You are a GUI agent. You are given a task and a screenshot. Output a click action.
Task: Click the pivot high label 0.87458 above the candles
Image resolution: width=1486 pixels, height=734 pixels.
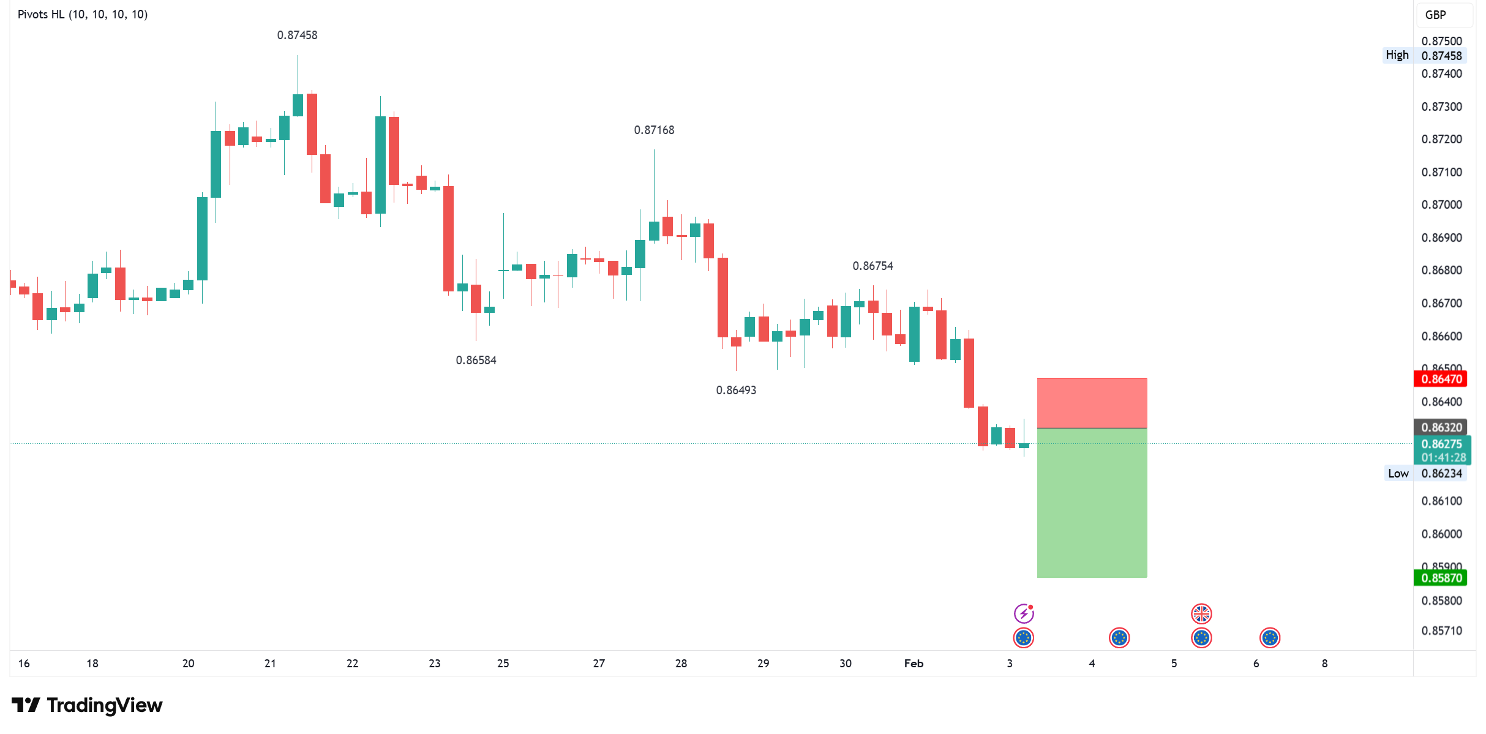coord(297,36)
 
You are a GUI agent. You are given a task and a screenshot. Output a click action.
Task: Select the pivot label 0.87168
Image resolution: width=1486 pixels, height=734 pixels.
coord(654,130)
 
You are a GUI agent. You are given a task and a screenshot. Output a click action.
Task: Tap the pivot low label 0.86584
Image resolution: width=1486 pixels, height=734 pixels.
coord(476,361)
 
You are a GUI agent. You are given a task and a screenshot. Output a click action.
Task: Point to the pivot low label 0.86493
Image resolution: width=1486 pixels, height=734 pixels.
coord(736,391)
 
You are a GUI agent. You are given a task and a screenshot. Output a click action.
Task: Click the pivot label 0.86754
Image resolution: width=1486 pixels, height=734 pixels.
coord(872,266)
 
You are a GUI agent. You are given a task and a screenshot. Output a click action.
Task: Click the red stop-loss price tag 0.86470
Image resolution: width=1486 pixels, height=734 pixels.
coord(1441,379)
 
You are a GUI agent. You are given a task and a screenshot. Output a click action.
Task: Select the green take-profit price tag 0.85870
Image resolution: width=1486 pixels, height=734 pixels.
coord(1441,578)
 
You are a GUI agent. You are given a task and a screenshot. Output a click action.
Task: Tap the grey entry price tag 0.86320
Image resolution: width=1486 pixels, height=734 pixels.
coord(1441,427)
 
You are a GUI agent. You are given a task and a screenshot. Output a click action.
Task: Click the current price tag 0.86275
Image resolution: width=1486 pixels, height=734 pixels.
coord(1441,444)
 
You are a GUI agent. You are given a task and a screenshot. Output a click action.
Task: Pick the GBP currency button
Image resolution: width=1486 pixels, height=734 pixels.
coord(1436,15)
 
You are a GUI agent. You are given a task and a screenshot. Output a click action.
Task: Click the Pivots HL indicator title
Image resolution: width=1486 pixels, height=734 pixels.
coord(83,15)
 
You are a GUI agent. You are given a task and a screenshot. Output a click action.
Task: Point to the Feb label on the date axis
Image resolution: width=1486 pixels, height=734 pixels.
coord(914,664)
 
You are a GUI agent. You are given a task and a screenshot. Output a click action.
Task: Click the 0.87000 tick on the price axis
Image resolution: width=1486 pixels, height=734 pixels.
coord(1441,205)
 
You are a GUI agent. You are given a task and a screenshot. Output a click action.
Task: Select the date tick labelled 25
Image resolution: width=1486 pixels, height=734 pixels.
coord(503,664)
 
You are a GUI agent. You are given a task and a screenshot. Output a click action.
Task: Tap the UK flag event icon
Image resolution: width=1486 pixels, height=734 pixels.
coord(1201,613)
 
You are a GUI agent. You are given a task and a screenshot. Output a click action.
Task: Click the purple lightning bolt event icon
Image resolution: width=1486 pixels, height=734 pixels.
coord(1023,613)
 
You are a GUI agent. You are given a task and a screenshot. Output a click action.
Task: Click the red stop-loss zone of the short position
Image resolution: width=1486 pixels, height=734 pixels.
coord(1092,403)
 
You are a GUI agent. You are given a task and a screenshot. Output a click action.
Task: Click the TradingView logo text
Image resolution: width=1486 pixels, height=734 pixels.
coord(104,706)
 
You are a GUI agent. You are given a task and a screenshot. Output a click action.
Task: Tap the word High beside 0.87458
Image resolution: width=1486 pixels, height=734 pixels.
coord(1397,55)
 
